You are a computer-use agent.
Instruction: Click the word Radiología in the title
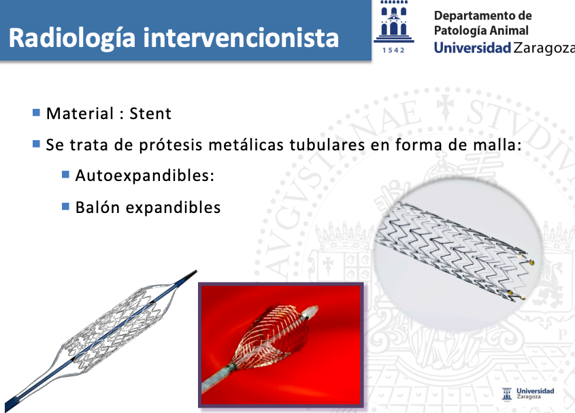click(72, 38)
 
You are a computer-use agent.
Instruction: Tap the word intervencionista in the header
click(241, 37)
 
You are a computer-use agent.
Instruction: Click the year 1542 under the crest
click(393, 50)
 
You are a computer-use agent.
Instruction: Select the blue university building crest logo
click(394, 22)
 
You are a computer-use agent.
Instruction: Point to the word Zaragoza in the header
click(544, 48)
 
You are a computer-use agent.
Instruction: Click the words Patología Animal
click(481, 31)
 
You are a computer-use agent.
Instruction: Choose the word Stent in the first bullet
click(150, 114)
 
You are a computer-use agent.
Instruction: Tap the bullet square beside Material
click(36, 112)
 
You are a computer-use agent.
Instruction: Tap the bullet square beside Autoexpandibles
click(65, 174)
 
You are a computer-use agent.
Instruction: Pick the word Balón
click(97, 208)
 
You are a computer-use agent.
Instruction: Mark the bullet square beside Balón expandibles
click(65, 207)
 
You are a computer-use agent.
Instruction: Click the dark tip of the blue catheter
click(191, 275)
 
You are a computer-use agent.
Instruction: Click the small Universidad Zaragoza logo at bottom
click(528, 394)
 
